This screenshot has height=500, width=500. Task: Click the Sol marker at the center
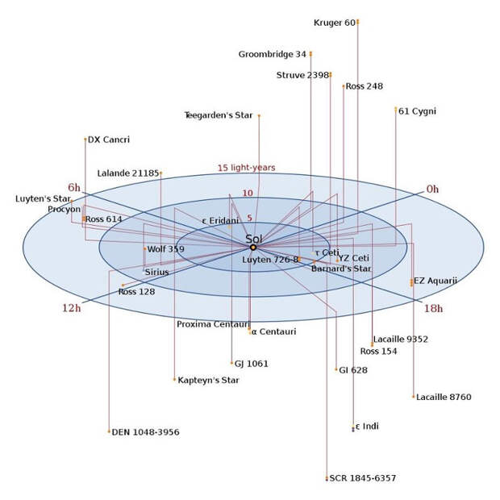[x=253, y=248]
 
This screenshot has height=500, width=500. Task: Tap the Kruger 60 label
[x=335, y=23]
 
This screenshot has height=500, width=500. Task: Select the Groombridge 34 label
[x=273, y=55]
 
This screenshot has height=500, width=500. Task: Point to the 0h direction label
[x=432, y=189]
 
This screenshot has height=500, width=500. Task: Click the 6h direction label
[x=74, y=187]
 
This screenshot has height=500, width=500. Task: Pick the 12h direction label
[x=72, y=308]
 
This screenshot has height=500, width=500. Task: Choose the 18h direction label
[x=433, y=308]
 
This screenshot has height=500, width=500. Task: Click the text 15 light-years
[x=246, y=168]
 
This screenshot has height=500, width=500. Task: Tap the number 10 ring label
[x=248, y=194]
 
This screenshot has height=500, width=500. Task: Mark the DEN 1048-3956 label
[x=145, y=432]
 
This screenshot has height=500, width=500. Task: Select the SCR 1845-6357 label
[x=363, y=478]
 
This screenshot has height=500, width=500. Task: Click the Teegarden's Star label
[x=219, y=115]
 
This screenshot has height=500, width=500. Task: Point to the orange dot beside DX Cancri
[x=85, y=140]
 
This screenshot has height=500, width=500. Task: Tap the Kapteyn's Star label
[x=208, y=380]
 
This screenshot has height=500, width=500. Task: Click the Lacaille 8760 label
[x=444, y=397]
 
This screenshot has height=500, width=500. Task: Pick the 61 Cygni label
[x=417, y=111]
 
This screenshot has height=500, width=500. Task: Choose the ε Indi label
[x=367, y=427]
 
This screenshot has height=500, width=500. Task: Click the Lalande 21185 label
[x=128, y=173]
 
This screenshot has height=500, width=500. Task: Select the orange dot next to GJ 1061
[x=231, y=363]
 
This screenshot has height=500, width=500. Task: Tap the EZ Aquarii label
[x=435, y=281]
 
